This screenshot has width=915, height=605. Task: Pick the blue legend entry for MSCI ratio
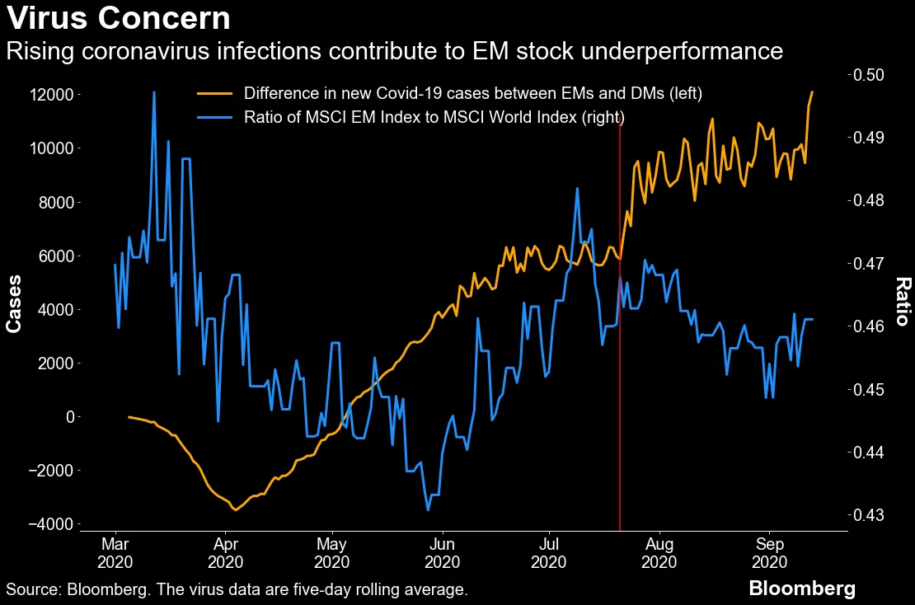[434, 116]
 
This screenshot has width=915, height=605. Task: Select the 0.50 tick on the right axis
[879, 75]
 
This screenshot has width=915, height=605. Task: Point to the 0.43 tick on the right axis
[879, 515]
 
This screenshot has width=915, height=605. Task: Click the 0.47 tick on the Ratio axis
[879, 264]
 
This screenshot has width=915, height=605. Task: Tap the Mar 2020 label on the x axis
[115, 553]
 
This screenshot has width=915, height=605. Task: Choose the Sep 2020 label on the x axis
[769, 553]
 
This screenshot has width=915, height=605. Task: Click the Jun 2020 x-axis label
[443, 553]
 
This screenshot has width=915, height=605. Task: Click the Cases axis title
[14, 303]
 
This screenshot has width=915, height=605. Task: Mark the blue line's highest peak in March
[154, 92]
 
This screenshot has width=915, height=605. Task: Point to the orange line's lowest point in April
[236, 509]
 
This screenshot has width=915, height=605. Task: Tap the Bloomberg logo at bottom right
[801, 589]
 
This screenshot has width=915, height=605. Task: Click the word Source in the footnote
[32, 590]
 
